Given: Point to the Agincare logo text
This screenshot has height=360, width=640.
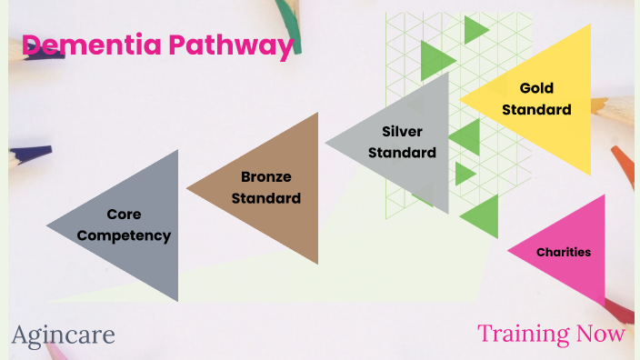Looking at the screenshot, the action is point(64,335).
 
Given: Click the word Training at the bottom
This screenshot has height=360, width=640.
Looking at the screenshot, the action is point(523,334).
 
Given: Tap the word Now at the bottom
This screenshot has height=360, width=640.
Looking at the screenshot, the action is point(602,334).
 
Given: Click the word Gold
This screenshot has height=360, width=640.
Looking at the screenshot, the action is point(536,88).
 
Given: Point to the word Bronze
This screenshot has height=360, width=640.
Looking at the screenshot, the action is point(266,176).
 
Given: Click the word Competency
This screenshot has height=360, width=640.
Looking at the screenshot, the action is point(124,235).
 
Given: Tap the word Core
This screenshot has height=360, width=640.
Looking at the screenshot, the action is point(124,215).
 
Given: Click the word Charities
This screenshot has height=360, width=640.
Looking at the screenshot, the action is point(564,252).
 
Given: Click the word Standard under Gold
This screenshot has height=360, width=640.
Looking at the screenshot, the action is point(536,109).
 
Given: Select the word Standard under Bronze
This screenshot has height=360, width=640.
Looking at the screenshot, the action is point(266,197).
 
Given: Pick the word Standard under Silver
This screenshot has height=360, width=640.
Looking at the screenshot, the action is point(403,152).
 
